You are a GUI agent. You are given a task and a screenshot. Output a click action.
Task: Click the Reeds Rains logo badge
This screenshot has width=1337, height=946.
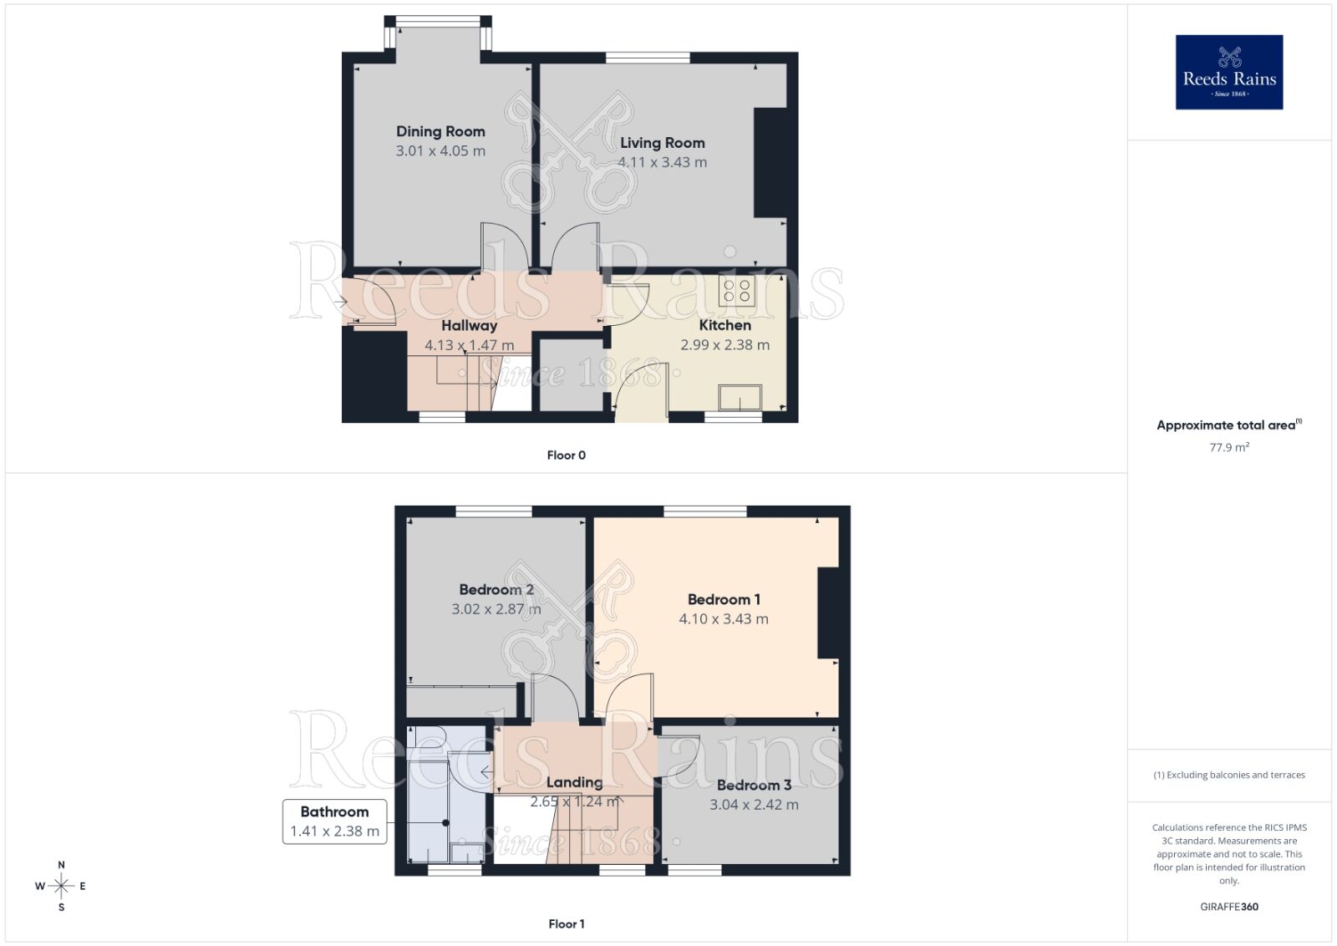[1228, 72]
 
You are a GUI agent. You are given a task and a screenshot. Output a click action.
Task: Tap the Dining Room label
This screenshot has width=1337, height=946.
[440, 131]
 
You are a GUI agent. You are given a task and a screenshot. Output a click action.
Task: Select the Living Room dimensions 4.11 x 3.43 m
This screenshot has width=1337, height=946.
[663, 162]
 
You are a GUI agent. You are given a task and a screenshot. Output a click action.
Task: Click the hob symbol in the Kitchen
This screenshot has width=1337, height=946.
[737, 291]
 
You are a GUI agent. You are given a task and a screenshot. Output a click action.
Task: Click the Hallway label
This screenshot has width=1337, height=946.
[469, 325]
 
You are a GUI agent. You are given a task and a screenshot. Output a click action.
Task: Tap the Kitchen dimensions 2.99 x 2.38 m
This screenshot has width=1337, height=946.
[724, 344]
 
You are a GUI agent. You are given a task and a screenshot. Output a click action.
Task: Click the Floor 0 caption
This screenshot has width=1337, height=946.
[566, 455]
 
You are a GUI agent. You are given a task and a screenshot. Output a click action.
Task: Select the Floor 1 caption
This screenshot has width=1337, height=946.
[566, 923]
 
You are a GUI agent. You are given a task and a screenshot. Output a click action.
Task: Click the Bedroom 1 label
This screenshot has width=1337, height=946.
[724, 599]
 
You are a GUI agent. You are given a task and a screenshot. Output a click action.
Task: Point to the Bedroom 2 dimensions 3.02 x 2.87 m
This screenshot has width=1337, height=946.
[496, 609]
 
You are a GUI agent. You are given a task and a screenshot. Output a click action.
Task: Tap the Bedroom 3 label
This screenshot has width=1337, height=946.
[754, 785]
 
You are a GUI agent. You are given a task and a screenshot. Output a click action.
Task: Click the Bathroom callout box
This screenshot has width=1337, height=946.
[334, 821]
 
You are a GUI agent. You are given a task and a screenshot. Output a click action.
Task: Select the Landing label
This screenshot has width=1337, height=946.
[574, 782]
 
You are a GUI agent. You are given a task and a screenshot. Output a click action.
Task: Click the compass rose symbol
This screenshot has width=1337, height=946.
[61, 886]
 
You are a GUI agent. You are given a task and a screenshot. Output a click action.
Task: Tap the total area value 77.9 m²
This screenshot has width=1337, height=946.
[1228, 447]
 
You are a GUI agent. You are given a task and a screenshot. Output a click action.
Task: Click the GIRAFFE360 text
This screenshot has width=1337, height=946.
[1228, 907]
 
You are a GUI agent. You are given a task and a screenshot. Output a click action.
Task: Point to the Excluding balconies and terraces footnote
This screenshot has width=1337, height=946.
[1228, 775]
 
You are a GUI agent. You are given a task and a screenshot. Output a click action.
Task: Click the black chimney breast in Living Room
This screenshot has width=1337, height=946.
[770, 163]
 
